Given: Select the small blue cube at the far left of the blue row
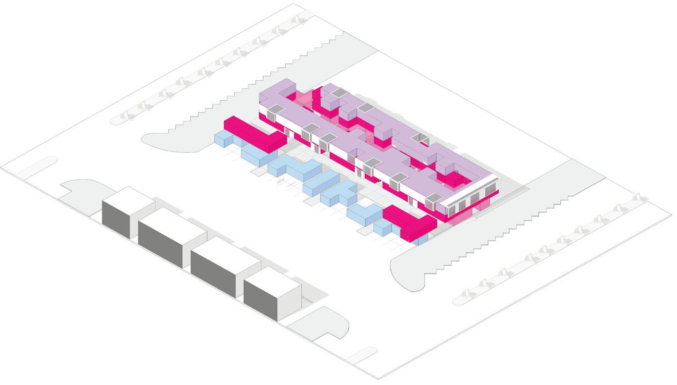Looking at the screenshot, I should [223, 139].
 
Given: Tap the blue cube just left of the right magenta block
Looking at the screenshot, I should [382, 228].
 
